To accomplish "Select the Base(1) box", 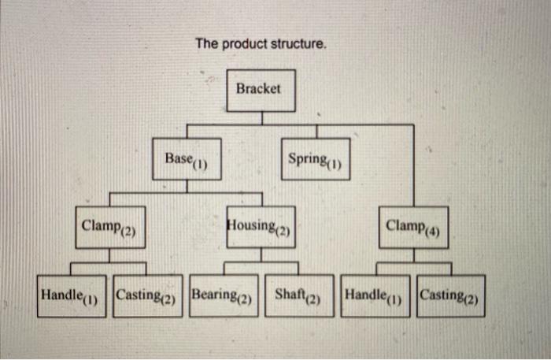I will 186,160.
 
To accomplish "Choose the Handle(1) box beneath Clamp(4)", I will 375,296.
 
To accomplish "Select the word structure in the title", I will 297,44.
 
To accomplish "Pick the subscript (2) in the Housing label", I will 284,232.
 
